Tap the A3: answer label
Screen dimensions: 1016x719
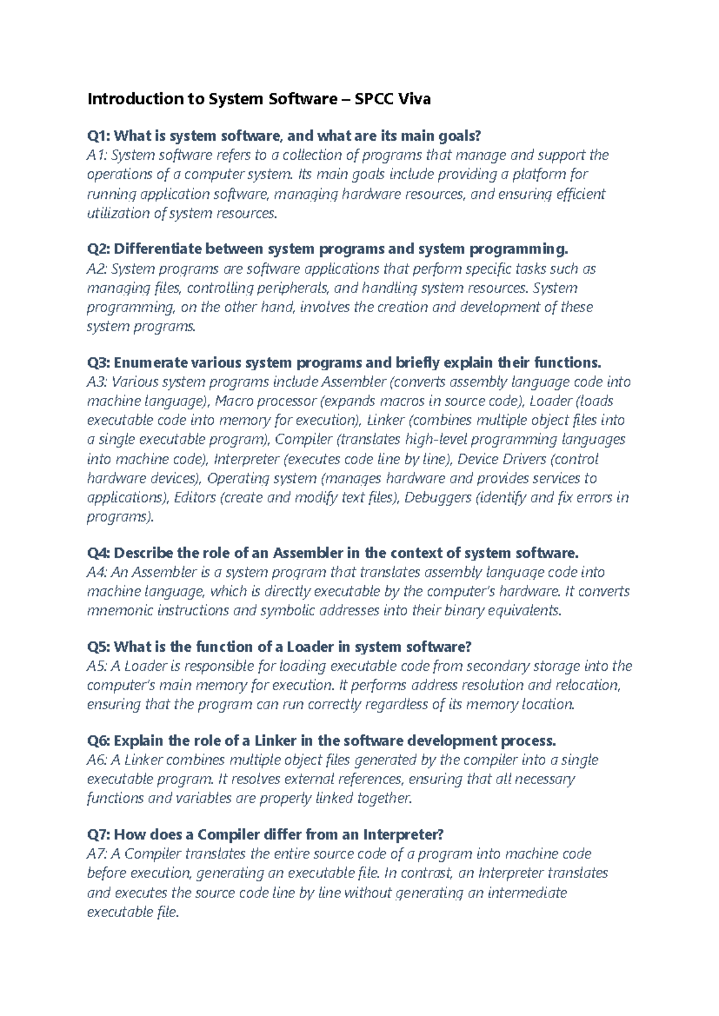(x=97, y=382)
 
